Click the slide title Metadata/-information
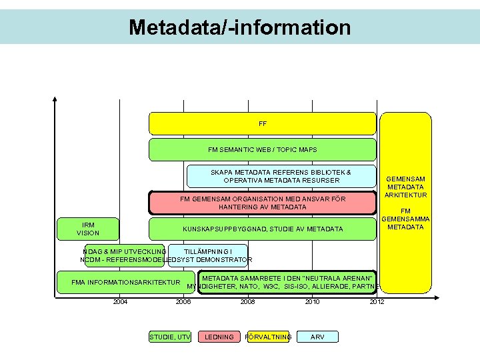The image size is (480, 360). [239, 27]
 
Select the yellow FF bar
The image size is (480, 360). [262, 123]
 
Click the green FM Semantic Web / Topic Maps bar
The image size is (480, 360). [262, 150]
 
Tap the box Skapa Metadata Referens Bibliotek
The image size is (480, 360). [280, 176]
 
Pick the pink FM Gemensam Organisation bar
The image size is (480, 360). [262, 203]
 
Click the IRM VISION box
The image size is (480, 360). [88, 229]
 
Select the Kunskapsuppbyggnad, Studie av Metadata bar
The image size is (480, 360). [262, 229]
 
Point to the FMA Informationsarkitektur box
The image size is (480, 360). [126, 282]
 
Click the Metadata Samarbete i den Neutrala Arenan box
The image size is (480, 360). [287, 282]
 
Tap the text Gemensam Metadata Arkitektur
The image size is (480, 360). [405, 187]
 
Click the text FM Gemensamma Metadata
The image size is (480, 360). [405, 219]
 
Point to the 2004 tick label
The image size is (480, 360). [120, 302]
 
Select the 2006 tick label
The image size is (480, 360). [183, 302]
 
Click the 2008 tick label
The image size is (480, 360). [247, 302]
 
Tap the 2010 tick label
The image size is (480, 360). [312, 302]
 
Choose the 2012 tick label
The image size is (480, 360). [376, 302]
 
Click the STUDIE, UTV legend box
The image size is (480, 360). [170, 337]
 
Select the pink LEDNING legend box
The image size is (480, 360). [219, 337]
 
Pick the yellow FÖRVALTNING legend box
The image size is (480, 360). [269, 337]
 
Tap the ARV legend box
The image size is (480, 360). [318, 337]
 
